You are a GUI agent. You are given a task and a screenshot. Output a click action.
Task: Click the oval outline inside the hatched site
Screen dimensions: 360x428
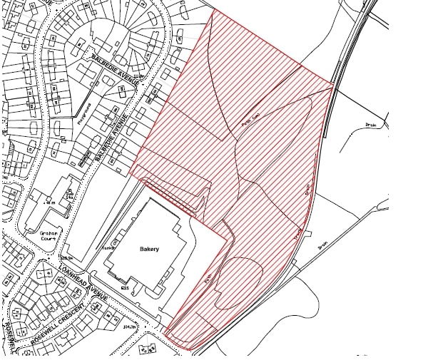click(239, 282)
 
